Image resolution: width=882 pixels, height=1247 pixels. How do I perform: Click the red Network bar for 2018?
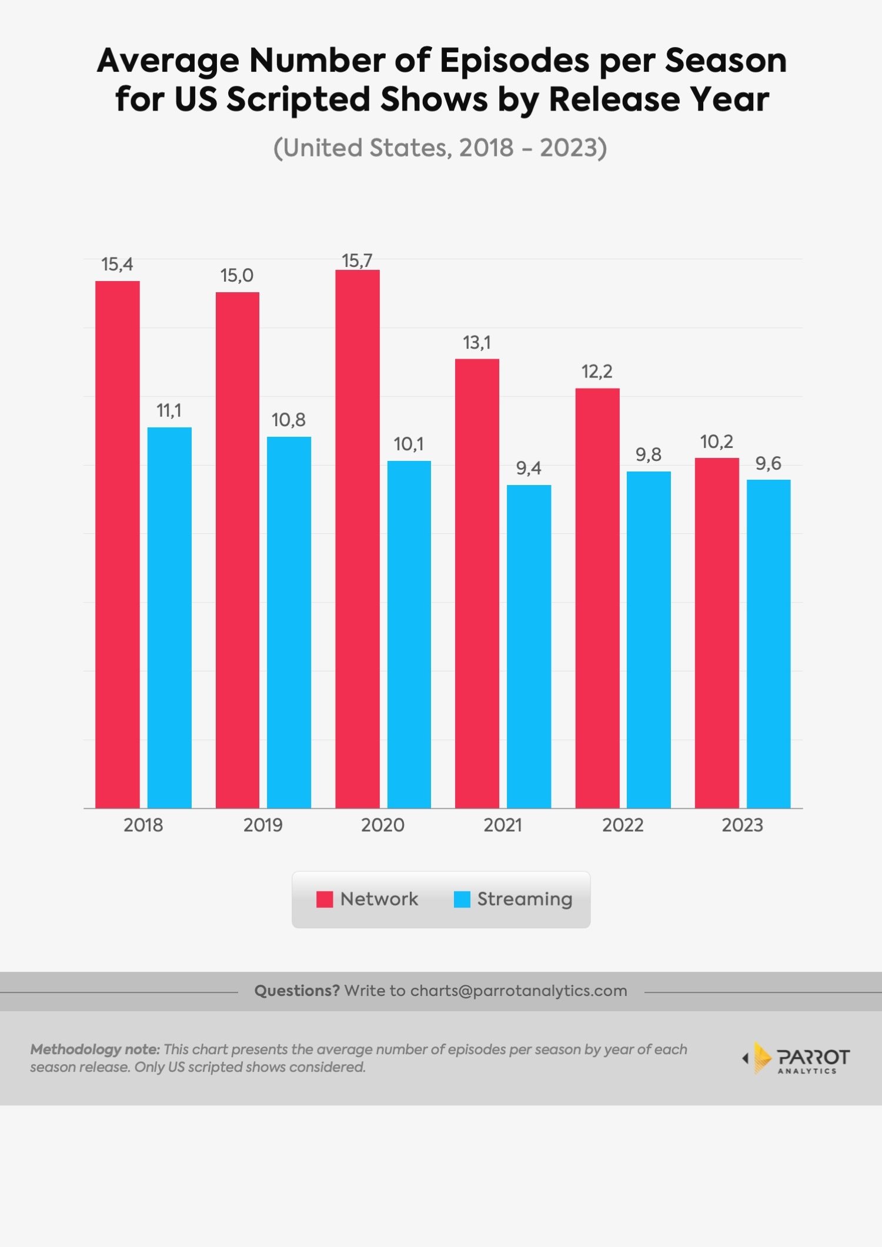118,544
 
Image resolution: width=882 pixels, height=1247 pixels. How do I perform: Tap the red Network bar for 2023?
717,632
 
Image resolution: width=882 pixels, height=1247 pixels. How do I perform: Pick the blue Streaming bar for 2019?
289,621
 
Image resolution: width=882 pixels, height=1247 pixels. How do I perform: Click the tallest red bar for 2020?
358,538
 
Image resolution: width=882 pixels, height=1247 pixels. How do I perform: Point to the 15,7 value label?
357,260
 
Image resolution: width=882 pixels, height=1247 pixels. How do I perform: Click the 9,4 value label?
529,468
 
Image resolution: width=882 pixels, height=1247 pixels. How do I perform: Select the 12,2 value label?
597,372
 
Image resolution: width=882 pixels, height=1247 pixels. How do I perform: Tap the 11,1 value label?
169,410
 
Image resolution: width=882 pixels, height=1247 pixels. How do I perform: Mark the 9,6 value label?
768,463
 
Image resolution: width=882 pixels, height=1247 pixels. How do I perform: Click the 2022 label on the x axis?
623,825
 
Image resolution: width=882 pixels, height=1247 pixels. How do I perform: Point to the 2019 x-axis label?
263,825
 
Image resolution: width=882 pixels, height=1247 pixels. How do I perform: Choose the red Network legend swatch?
325,899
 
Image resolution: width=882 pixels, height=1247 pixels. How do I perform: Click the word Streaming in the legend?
524,899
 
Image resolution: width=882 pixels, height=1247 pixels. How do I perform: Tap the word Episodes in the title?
514,61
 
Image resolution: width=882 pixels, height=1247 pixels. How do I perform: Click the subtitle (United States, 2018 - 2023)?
440,148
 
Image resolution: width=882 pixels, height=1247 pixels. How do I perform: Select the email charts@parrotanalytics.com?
519,991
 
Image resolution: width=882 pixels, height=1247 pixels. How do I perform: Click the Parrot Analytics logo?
797,1058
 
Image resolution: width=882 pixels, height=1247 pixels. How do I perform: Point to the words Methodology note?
95,1049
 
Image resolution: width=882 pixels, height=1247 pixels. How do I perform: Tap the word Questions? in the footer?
297,991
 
